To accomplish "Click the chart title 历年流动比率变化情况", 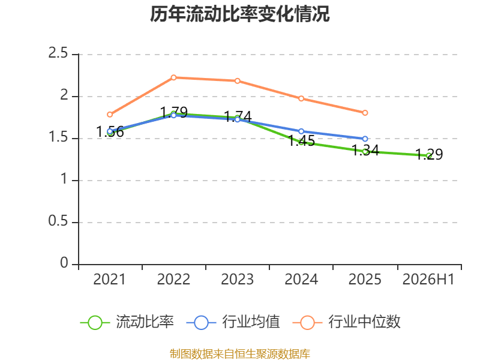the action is pos(239,14).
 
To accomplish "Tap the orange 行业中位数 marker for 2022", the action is pos(173,77).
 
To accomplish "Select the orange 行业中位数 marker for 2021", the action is pos(110,115).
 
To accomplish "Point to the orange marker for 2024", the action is pos(301,98).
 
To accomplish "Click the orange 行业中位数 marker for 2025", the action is pos(365,113).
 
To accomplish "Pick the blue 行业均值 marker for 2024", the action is pos(301,131).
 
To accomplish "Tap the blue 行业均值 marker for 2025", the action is pos(365,139).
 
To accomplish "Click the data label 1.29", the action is pos(429,154).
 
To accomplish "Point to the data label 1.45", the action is pos(301,141).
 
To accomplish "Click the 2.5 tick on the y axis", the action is pos(58,53).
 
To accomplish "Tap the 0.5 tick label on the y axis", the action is pos(58,221).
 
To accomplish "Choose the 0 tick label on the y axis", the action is pos(64,263).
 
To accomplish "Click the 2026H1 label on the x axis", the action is pos(428,280).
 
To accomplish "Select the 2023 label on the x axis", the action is pos(237,280).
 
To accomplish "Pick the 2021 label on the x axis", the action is pos(109,280).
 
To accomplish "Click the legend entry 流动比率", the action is pos(127,322).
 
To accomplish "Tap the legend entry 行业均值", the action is pos(233,322).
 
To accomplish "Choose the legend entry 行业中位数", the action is pos(347,322).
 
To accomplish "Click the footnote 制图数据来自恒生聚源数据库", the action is pos(239,354).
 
